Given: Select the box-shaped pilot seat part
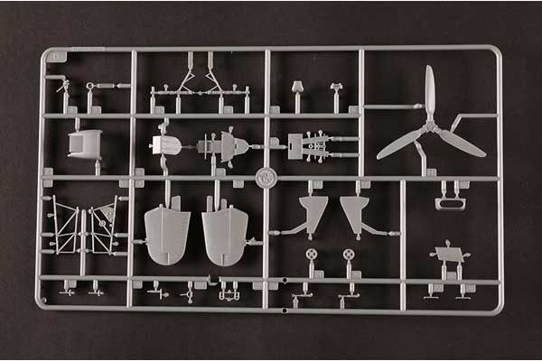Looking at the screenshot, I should point(85,143).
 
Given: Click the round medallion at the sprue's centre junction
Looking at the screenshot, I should point(266,177).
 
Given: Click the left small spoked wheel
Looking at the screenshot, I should point(312,255).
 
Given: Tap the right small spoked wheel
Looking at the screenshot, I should point(349,255).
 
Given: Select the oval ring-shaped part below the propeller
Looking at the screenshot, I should point(449,203).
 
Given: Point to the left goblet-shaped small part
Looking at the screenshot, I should point(296,88).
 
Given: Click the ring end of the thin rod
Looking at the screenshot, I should point(90,87).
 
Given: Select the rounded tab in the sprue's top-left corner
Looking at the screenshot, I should point(58,56).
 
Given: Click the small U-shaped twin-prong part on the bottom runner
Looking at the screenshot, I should point(229,293).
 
